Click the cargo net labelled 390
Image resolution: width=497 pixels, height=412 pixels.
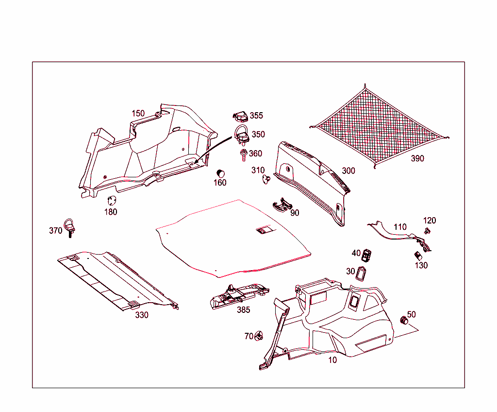click(379, 127)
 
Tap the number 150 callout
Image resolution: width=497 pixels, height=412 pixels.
click(138, 113)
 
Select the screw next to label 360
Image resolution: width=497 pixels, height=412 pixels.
click(244, 155)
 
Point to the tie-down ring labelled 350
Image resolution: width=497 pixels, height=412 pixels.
click(242, 135)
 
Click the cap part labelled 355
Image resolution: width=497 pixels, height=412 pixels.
click(240, 117)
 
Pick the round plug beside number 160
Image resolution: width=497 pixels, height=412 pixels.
click(220, 173)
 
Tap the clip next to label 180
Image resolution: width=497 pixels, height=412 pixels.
click(112, 201)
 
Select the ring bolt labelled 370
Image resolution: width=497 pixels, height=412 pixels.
click(69, 227)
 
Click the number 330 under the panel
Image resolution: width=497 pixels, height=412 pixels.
click(142, 315)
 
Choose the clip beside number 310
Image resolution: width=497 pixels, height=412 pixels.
click(266, 180)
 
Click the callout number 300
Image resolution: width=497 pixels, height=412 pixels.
click(348, 171)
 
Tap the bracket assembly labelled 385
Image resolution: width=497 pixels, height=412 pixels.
click(239, 296)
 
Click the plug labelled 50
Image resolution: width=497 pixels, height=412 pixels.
click(404, 320)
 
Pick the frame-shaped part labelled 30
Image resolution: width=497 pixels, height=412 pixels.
click(361, 274)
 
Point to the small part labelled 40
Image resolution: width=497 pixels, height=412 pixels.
click(366, 256)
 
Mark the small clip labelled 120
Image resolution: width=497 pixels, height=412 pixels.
click(427, 230)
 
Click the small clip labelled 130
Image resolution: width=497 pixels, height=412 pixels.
click(418, 256)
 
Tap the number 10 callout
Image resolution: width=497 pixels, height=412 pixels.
click(332, 360)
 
